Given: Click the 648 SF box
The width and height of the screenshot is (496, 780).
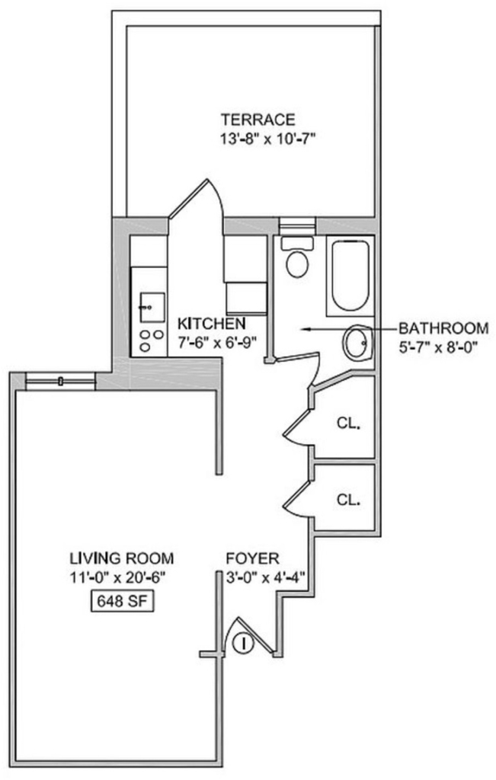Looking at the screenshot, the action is pyautogui.click(x=122, y=602).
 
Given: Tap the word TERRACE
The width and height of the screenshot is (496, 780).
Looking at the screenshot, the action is pyautogui.click(x=258, y=120).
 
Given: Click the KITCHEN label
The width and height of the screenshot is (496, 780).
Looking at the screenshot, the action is pyautogui.click(x=212, y=323).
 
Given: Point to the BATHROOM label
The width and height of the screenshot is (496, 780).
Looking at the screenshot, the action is pyautogui.click(x=443, y=328).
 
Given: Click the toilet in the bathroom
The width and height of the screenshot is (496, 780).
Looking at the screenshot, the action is pyautogui.click(x=297, y=257).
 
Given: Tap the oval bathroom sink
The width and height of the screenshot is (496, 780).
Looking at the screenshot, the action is pyautogui.click(x=357, y=342).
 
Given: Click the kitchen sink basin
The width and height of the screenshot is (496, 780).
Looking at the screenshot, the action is pyautogui.click(x=152, y=307).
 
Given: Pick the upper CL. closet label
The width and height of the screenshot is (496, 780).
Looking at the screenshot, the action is pyautogui.click(x=347, y=424).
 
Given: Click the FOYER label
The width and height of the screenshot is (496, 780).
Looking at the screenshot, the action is pyautogui.click(x=253, y=558).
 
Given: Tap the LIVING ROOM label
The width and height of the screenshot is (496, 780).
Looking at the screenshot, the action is pyautogui.click(x=122, y=558).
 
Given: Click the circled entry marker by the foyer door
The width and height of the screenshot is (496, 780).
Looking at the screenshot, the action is pyautogui.click(x=244, y=643).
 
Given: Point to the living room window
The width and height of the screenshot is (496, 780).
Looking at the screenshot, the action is pyautogui.click(x=60, y=381).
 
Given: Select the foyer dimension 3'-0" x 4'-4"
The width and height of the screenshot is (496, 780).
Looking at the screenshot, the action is pyautogui.click(x=265, y=578).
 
